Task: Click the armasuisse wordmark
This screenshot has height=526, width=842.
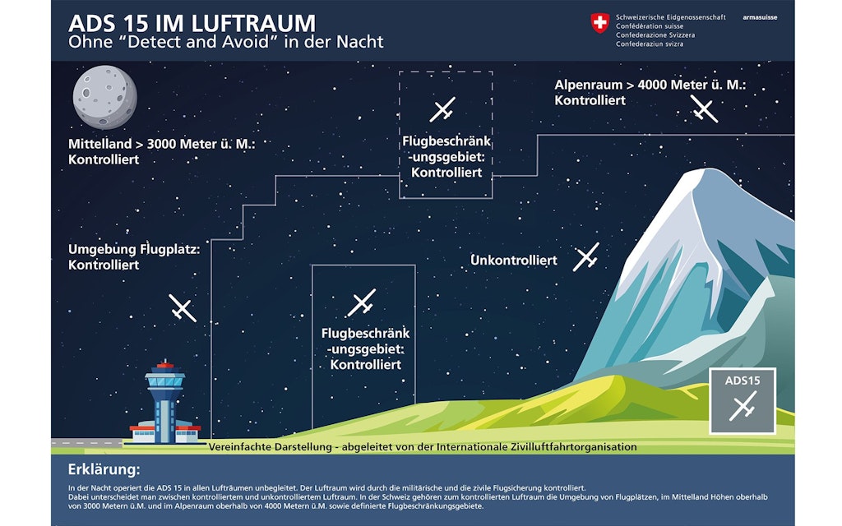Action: tap(759, 17)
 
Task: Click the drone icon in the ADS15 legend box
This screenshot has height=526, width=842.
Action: tap(743, 406)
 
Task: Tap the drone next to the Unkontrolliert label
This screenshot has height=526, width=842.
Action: tap(586, 257)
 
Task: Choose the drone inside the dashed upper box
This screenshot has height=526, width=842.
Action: tap(442, 108)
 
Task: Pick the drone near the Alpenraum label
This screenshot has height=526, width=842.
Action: tap(704, 108)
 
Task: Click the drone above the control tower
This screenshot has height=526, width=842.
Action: tap(183, 308)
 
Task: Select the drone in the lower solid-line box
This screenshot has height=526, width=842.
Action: tap(361, 302)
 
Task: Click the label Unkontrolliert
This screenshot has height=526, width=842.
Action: tap(513, 261)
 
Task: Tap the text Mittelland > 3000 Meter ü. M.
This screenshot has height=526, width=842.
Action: tap(162, 145)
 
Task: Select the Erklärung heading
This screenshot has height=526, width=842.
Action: tap(104, 470)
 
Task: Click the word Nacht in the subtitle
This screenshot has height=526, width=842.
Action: tap(359, 41)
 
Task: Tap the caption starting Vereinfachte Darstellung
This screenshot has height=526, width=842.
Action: tap(423, 447)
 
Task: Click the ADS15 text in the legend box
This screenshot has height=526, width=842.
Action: tap(743, 381)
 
